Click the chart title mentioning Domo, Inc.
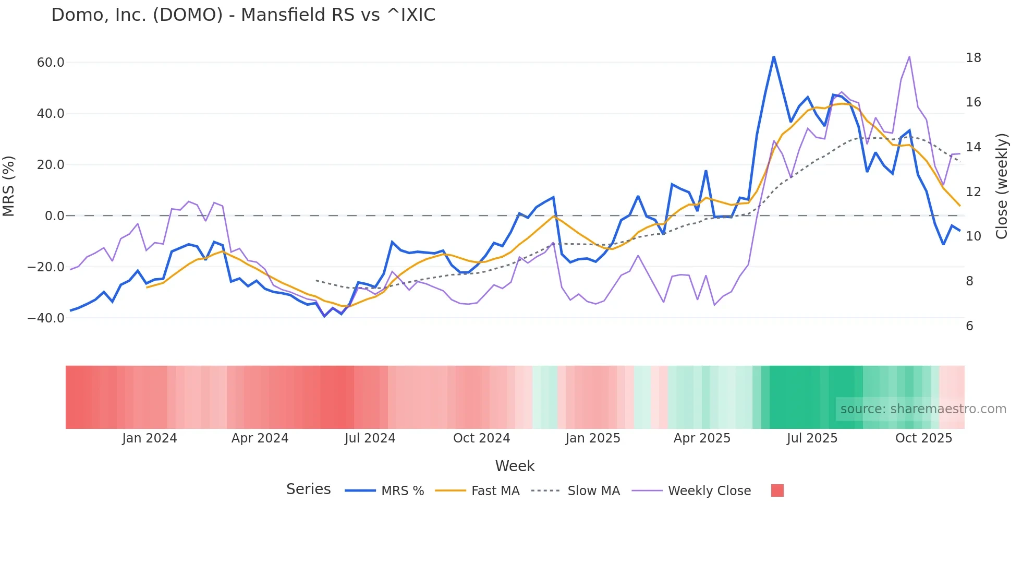243,15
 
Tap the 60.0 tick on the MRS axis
50,63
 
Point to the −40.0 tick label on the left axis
46,318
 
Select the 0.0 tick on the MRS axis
54,216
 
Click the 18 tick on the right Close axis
973,58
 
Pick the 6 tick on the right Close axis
969,326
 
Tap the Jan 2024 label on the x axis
150,438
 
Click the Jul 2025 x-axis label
812,438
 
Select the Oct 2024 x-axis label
481,438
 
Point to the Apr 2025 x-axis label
702,438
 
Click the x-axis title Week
515,466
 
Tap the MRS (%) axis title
9,186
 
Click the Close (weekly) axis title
1001,186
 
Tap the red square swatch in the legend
777,490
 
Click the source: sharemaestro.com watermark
923,409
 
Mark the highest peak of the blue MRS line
774,57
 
